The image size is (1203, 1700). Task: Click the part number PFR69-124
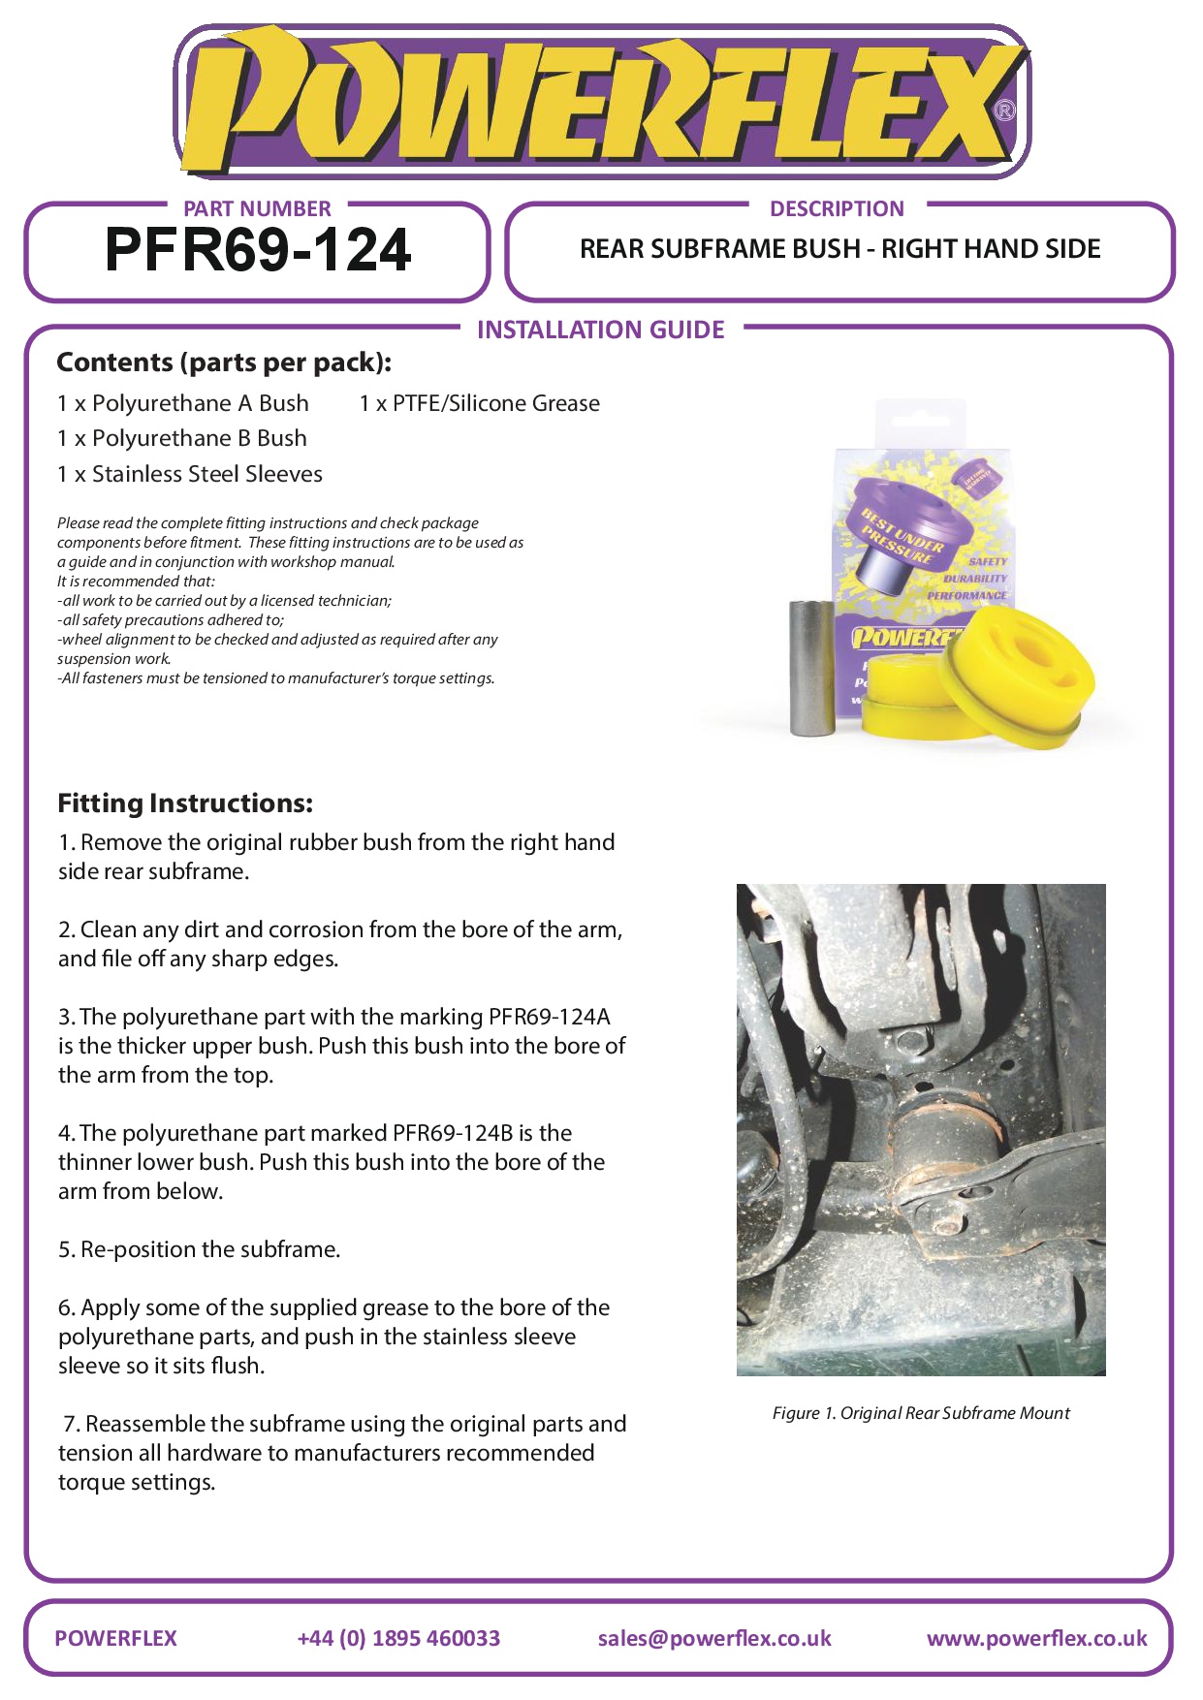[258, 251]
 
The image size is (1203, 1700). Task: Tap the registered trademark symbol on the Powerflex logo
[1005, 110]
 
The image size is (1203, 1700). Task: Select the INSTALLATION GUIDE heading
[600, 331]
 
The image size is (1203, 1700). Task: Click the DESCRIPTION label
[837, 209]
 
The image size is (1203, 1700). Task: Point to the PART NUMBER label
[257, 209]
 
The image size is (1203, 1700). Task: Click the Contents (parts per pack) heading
[224, 362]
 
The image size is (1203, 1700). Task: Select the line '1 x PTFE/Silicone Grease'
[479, 403]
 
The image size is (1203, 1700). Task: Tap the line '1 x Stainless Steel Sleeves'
[190, 474]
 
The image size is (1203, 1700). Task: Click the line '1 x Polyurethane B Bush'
[182, 438]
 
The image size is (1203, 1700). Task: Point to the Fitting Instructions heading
[185, 803]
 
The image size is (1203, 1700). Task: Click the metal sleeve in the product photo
[812, 669]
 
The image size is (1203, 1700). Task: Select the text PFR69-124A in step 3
[550, 1017]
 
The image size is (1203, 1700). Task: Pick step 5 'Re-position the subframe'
[200, 1249]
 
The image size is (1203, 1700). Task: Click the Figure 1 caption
[921, 1413]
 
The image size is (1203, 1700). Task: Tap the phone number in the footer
[398, 1638]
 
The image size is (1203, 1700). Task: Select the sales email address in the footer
[714, 1638]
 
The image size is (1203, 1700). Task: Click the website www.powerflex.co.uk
[1036, 1638]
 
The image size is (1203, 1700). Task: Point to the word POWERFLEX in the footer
[116, 1638]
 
